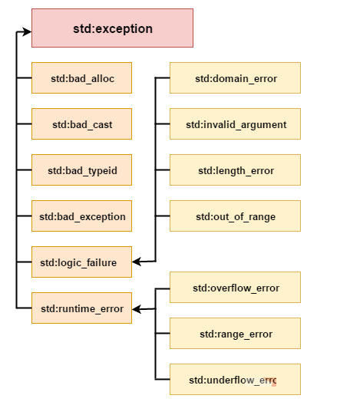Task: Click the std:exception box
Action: (112, 28)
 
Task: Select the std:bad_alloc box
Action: (81, 77)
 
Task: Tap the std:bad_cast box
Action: (81, 124)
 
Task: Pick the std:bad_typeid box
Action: (81, 170)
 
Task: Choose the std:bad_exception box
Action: (81, 216)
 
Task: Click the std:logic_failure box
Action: (81, 262)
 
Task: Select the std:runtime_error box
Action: (81, 308)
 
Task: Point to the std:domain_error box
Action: (235, 77)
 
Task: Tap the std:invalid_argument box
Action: (235, 124)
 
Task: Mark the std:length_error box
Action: (235, 170)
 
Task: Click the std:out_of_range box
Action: (235, 216)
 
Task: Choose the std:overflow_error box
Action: (235, 287)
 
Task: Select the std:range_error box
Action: (235, 333)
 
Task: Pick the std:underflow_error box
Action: (235, 379)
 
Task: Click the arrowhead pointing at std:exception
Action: (27, 31)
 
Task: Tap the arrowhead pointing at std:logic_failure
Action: (137, 262)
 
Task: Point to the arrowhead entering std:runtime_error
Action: (137, 309)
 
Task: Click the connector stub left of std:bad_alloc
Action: (24, 77)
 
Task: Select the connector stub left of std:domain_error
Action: (163, 77)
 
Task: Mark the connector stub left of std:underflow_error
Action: (163, 379)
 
